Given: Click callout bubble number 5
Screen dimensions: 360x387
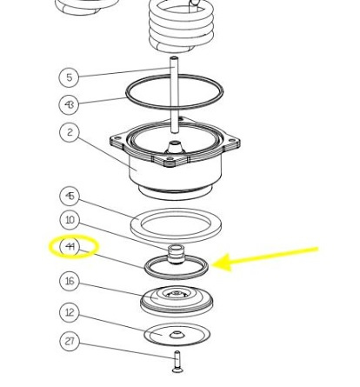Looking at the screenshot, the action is (69, 77).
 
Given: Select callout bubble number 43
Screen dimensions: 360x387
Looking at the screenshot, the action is (69, 104).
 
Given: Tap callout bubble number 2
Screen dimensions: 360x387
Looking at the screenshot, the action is (70, 132).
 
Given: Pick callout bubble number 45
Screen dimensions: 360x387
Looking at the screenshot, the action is (70, 196).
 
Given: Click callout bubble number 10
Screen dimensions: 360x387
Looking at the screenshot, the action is (70, 220).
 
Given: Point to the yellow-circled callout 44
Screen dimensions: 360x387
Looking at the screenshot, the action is (70, 247).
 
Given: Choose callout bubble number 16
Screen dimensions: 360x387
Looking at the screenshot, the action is (70, 281).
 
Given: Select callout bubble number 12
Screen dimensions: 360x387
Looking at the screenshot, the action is (70, 312).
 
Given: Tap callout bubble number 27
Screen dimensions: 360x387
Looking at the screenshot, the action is (70, 341).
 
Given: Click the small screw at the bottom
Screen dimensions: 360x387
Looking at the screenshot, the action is (177, 362).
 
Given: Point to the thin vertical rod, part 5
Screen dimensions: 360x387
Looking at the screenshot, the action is (174, 95).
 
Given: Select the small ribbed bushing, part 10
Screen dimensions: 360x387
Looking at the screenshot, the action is (176, 253).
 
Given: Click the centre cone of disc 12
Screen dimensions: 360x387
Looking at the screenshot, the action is (177, 334).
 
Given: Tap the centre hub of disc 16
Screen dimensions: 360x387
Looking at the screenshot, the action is (177, 294).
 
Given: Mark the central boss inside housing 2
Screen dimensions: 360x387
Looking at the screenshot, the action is (175, 147).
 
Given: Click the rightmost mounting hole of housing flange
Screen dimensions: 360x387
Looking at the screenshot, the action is (232, 141).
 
